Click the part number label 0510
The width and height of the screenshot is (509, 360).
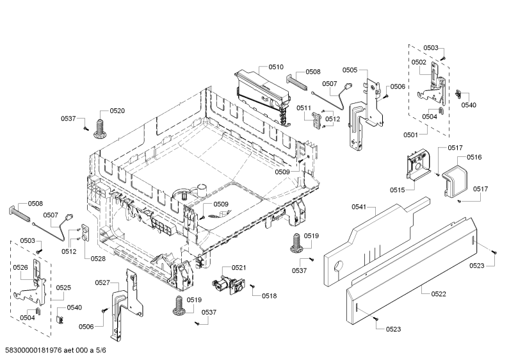click(x=276, y=67)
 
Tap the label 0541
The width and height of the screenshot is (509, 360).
click(x=359, y=207)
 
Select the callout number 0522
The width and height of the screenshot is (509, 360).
click(x=439, y=294)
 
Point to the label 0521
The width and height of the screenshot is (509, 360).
click(x=239, y=267)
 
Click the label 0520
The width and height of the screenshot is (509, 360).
click(x=117, y=111)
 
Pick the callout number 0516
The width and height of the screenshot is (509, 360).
click(x=474, y=157)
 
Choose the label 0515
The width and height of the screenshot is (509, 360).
click(x=398, y=190)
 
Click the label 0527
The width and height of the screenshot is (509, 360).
click(x=102, y=282)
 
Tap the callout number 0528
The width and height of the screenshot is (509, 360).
click(x=98, y=259)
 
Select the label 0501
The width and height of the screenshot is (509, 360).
click(x=411, y=135)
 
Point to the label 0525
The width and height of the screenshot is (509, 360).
click(x=63, y=288)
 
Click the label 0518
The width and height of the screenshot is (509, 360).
click(x=270, y=296)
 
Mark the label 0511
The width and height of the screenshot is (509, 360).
click(x=303, y=108)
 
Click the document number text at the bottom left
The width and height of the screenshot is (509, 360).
click(x=56, y=350)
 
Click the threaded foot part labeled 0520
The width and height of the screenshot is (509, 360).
click(x=100, y=129)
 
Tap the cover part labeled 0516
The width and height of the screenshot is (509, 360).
click(x=456, y=181)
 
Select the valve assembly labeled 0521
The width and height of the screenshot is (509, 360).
click(x=229, y=284)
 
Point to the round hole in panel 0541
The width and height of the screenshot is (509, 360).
click(x=339, y=266)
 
